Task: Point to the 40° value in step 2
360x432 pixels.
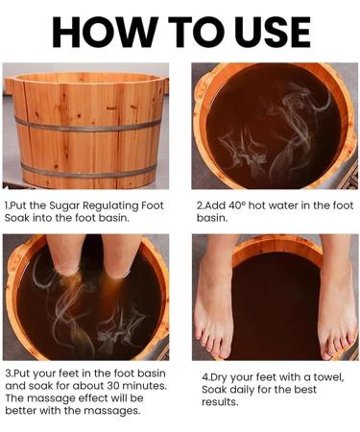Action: click(x=237, y=205)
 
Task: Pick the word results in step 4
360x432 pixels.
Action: click(x=220, y=402)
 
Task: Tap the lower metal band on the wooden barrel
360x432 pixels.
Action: click(x=88, y=172)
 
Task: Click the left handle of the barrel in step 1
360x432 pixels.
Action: click(x=9, y=86)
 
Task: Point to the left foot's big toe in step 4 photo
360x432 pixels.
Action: click(x=224, y=351)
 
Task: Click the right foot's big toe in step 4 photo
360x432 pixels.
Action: click(x=327, y=352)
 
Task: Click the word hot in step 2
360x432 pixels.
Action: click(x=257, y=205)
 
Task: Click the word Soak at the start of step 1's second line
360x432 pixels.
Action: click(x=16, y=218)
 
